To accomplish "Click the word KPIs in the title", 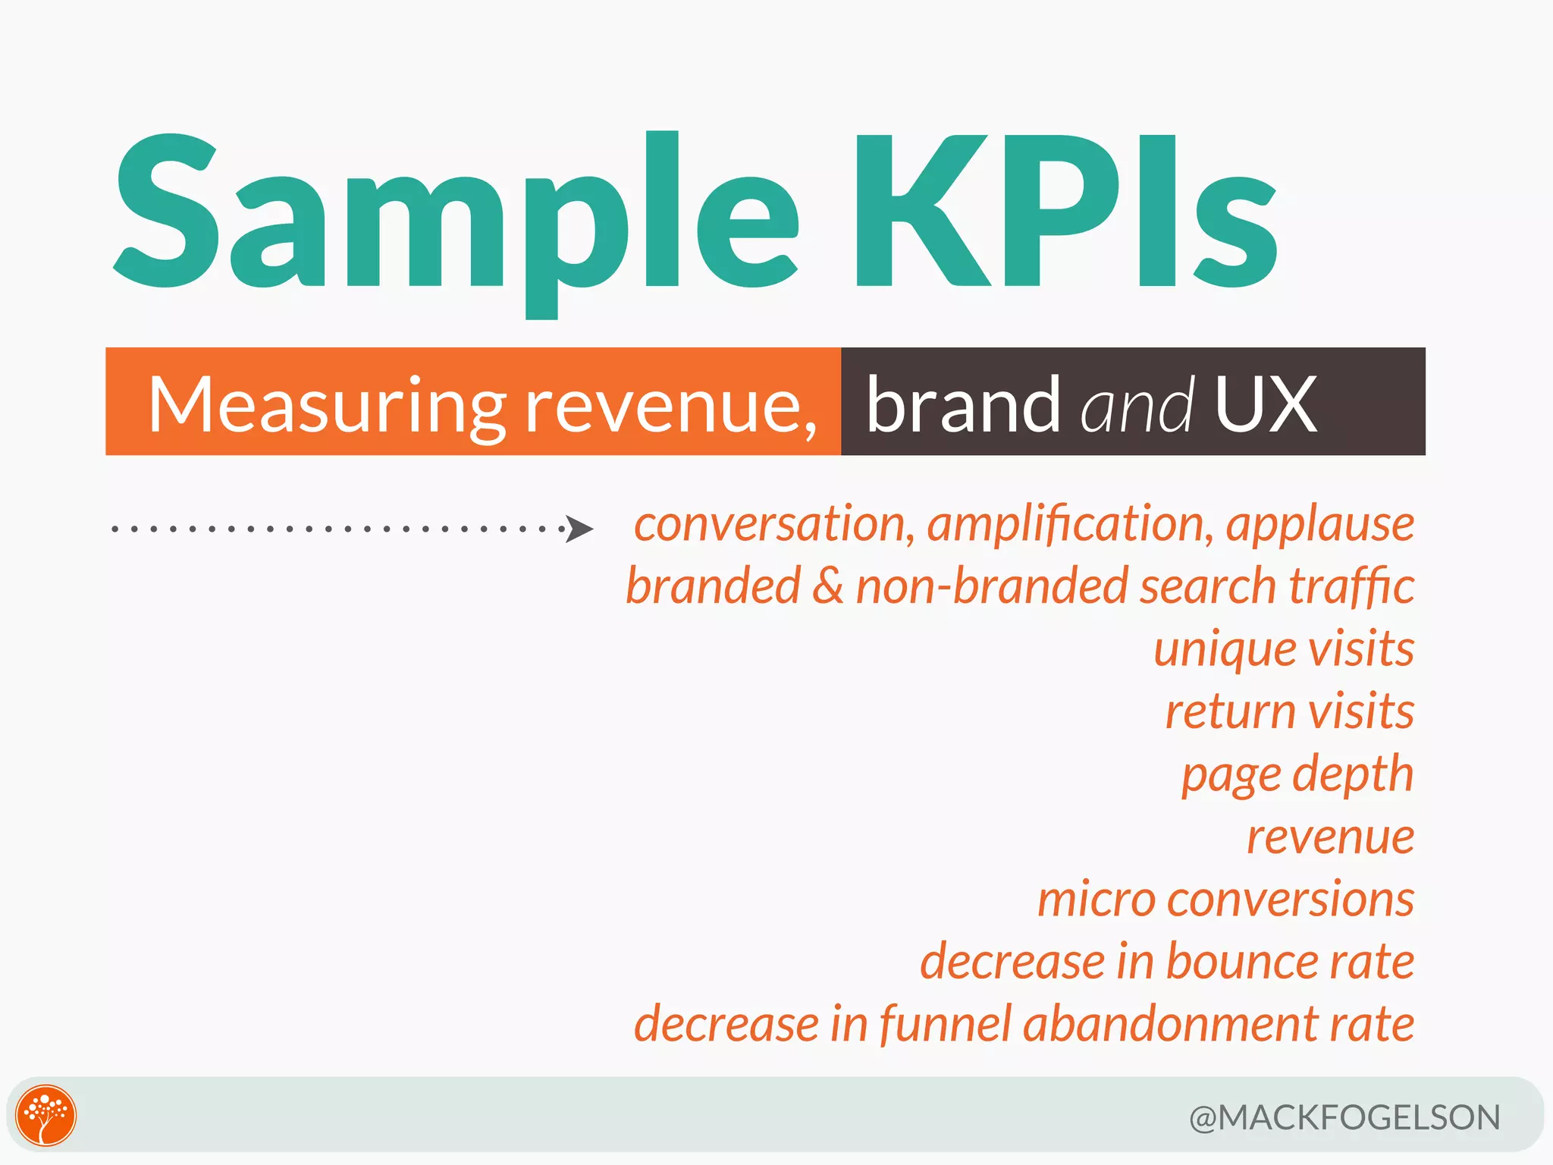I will [1065, 212].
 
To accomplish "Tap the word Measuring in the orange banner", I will [326, 406].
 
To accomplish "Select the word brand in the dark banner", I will [963, 406].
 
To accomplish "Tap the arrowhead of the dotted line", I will [580, 529].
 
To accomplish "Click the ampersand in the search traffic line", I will [827, 587].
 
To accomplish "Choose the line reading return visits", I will [1289, 712].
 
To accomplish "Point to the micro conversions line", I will [1225, 900].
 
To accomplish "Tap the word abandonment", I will [1171, 1025].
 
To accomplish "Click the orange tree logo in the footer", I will [46, 1115].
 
